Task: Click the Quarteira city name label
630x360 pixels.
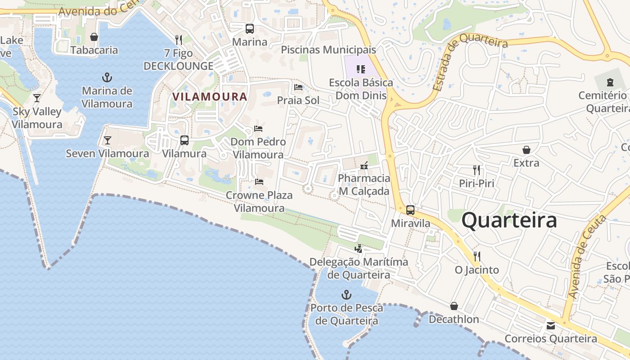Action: (x=509, y=220)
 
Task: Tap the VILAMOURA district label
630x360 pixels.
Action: (x=210, y=96)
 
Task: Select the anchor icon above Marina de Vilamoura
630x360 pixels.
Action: (x=107, y=77)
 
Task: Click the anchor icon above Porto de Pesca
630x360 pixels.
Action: (x=346, y=295)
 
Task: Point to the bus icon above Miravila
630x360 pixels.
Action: (x=410, y=210)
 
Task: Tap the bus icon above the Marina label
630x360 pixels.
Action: (x=249, y=29)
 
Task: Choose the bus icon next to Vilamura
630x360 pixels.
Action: (x=184, y=140)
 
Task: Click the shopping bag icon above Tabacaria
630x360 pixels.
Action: (x=94, y=37)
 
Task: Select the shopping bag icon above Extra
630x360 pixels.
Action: (x=526, y=149)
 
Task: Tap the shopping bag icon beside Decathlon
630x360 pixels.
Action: (x=454, y=306)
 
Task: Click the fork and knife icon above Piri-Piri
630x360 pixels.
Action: (x=477, y=170)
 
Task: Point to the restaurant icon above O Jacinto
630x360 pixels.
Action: (x=477, y=256)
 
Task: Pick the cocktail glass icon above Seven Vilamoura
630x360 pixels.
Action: (x=107, y=140)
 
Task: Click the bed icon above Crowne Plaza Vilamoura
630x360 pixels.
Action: (x=259, y=182)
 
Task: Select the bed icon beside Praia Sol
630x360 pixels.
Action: (x=298, y=87)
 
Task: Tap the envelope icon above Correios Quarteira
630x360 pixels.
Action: (x=550, y=325)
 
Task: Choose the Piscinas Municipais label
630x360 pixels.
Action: (x=328, y=49)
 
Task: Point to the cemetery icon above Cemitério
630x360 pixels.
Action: (x=610, y=82)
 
